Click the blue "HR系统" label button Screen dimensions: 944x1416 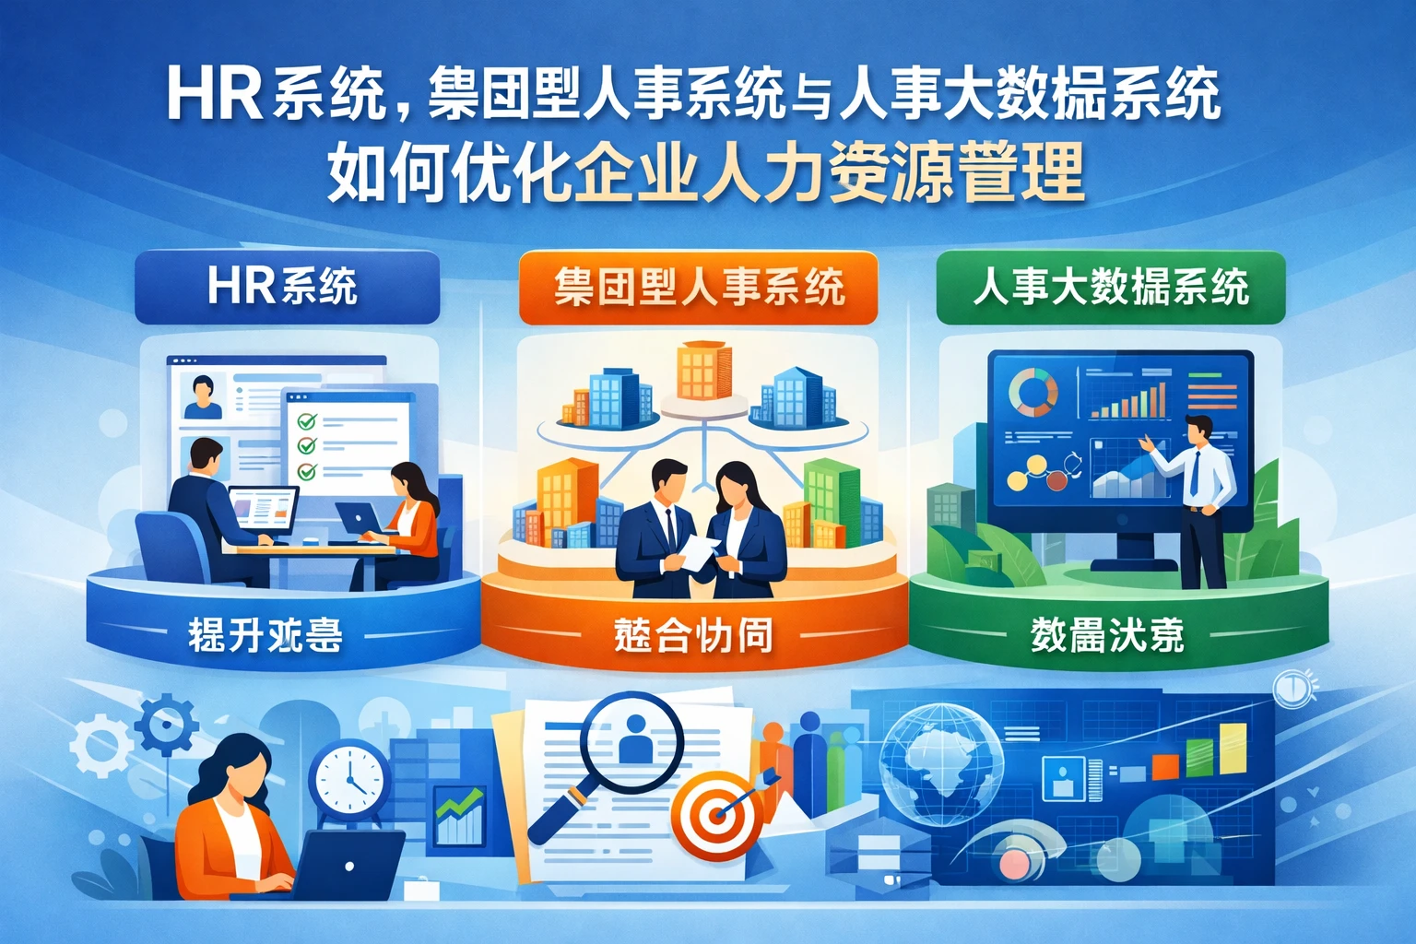tap(287, 287)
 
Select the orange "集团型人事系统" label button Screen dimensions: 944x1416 tap(698, 288)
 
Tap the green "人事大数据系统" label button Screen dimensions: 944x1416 tap(1110, 288)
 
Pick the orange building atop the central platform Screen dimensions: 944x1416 tap(703, 371)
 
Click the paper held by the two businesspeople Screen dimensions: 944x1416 tap(697, 551)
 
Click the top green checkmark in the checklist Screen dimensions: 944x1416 tap(306, 422)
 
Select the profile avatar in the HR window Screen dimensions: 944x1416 tap(203, 396)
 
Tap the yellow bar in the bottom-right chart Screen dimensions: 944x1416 tap(1233, 749)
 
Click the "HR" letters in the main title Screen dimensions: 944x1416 tap(215, 95)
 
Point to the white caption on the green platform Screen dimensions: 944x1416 tap(1106, 635)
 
